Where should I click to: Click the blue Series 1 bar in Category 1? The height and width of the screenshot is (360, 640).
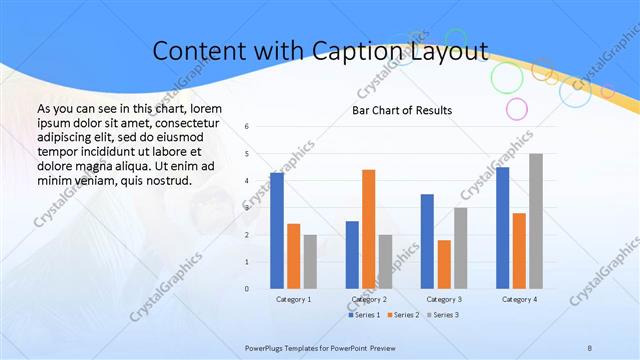[277, 231]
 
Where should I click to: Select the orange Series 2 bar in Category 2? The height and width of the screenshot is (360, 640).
[368, 229]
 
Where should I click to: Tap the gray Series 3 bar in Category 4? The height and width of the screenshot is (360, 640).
[536, 221]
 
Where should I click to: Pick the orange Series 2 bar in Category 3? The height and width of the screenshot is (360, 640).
[444, 264]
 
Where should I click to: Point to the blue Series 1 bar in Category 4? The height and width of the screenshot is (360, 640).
[502, 228]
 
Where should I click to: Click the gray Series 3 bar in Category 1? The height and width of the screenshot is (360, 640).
[310, 262]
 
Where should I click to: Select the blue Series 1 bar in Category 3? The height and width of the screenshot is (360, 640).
[427, 241]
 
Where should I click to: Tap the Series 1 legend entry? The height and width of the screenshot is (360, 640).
[364, 315]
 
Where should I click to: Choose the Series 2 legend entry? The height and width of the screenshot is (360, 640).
[402, 315]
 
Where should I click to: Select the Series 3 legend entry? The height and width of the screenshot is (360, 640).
[441, 315]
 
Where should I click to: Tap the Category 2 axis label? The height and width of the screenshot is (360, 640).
[369, 299]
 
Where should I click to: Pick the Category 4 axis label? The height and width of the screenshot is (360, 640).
[519, 299]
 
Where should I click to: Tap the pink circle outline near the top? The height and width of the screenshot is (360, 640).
[517, 108]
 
